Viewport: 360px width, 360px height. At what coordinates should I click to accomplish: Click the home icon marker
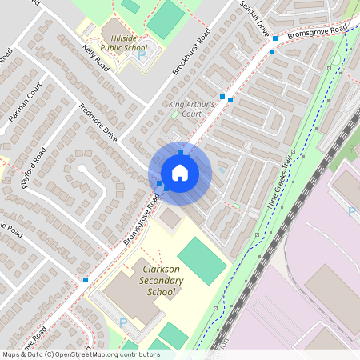tap(180, 173)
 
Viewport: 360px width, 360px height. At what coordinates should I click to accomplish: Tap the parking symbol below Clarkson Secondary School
tap(123, 322)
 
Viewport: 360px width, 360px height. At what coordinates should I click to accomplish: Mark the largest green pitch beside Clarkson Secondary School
tap(202, 260)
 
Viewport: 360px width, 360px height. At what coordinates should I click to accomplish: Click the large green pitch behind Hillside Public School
tap(166, 19)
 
